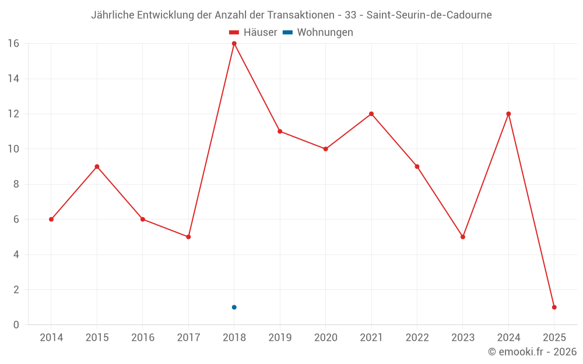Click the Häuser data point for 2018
point(234,44)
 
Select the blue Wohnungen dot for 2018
point(234,307)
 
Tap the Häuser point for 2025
point(554,307)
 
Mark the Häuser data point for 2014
point(51,220)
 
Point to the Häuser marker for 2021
point(371,114)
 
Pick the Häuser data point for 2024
point(508,114)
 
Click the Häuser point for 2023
point(463,237)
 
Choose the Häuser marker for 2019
point(280,132)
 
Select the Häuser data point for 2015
point(97,167)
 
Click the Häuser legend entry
point(253,33)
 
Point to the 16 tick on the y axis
point(13,44)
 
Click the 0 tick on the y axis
point(16,324)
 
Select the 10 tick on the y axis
point(13,149)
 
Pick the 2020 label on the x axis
point(326,337)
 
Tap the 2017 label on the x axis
point(188,337)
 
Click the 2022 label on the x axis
point(417,337)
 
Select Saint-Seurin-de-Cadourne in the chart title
point(429,15)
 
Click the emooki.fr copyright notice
point(532,352)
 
